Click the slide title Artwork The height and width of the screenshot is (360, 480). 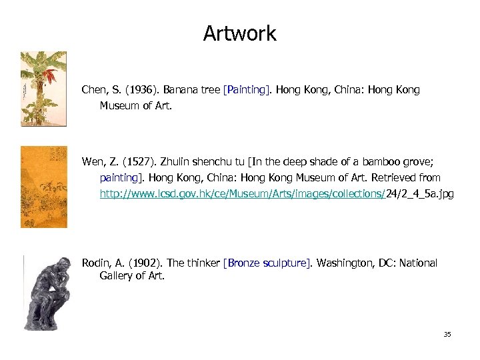click(x=239, y=33)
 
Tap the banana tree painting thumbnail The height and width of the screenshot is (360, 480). click(x=43, y=88)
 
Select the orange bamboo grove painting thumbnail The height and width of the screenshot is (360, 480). click(x=44, y=187)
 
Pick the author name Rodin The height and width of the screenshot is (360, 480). click(x=95, y=263)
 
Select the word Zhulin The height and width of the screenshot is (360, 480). click(x=173, y=161)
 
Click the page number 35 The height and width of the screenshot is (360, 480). click(x=447, y=334)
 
